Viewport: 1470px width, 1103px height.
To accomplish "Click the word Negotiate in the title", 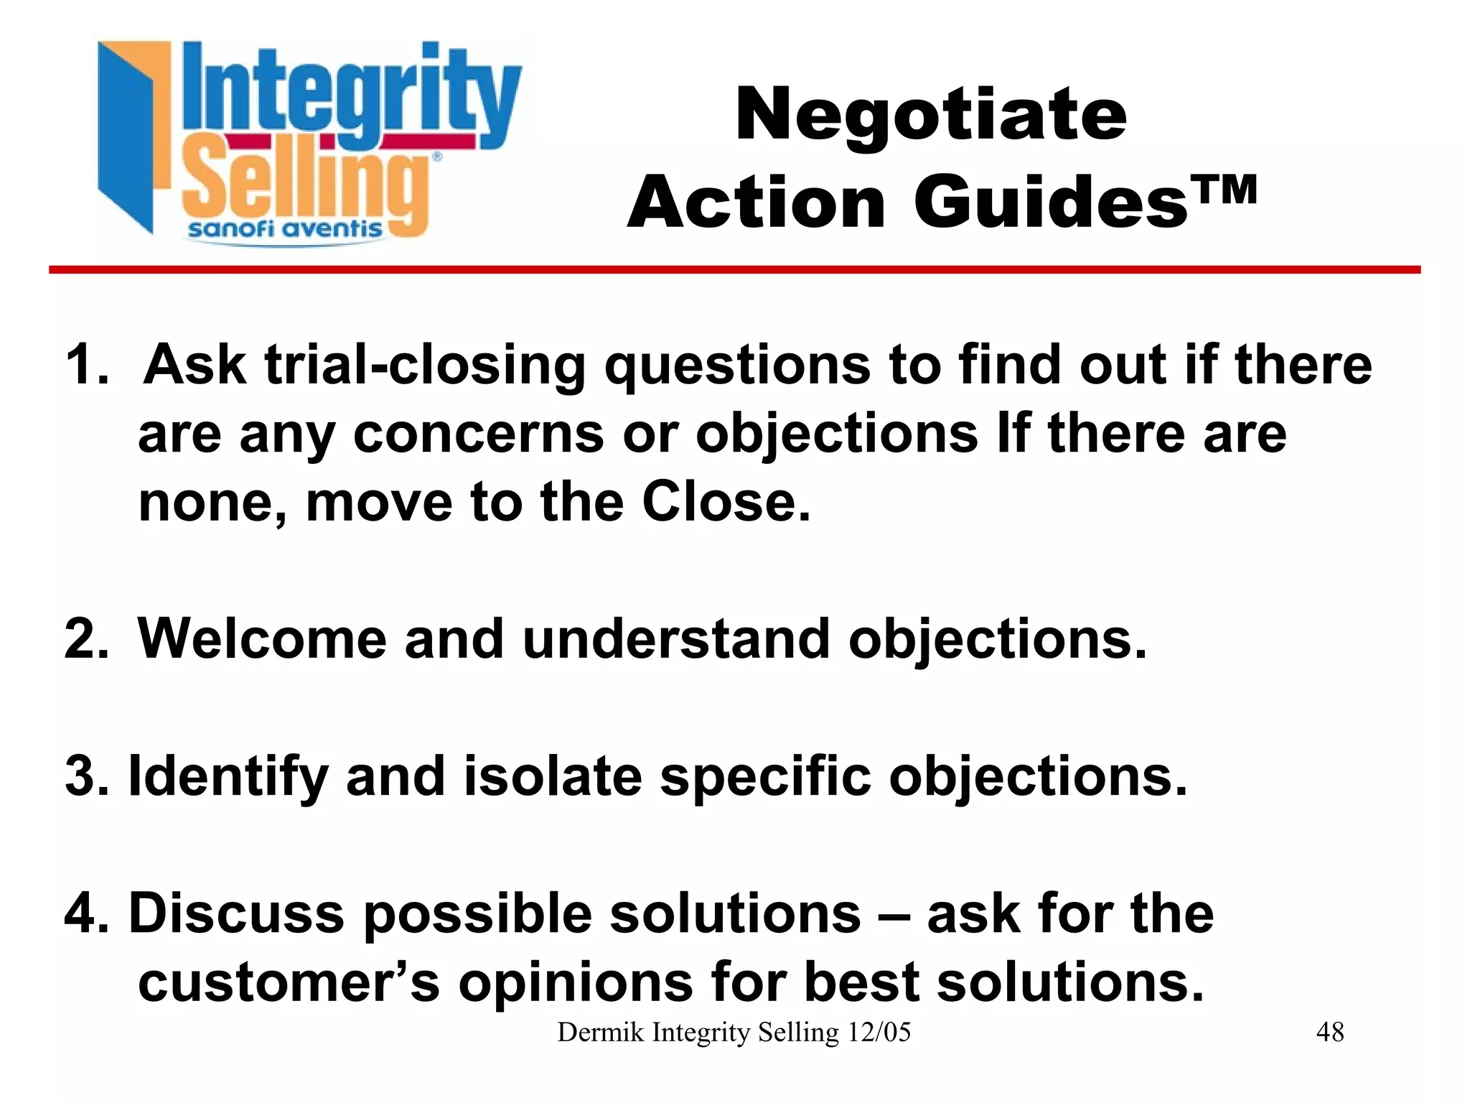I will [931, 115].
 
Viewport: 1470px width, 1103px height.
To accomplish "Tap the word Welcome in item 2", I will [261, 639].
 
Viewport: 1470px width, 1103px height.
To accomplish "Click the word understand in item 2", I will [675, 639].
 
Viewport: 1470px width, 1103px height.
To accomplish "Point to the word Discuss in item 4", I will [236, 914].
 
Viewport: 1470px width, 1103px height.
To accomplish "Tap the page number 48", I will [1330, 1033].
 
